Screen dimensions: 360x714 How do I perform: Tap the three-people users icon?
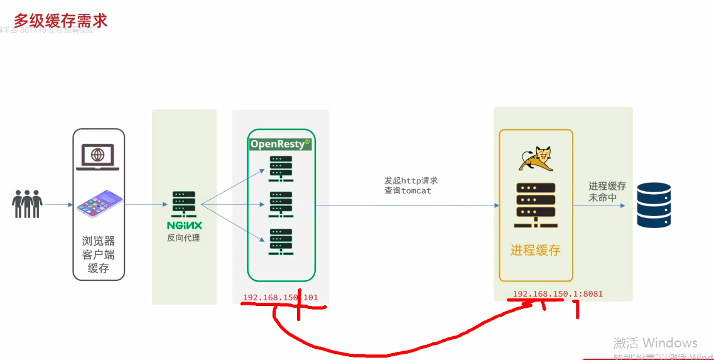(27, 204)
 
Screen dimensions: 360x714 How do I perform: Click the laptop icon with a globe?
(97, 156)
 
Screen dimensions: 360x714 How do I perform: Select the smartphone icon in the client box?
(99, 205)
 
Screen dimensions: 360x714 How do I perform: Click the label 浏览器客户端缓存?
(99, 254)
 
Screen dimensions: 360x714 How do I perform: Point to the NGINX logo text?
(183, 225)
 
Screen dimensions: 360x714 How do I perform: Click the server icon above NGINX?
(183, 202)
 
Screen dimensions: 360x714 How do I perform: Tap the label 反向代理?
(183, 238)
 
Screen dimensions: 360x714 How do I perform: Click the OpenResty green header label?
(280, 144)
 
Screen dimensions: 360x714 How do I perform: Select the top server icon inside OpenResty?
(281, 167)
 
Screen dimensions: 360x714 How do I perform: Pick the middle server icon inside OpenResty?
(281, 204)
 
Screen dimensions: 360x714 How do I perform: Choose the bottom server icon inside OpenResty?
(281, 241)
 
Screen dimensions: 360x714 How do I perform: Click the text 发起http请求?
(411, 180)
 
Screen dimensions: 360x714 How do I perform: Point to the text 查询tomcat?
(408, 190)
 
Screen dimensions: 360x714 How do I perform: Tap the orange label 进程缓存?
(535, 250)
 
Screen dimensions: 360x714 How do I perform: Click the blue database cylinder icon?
(654, 205)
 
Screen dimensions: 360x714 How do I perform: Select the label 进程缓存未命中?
(607, 192)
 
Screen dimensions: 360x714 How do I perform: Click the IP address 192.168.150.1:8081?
(558, 293)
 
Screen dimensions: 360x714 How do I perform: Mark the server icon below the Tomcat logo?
(535, 205)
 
